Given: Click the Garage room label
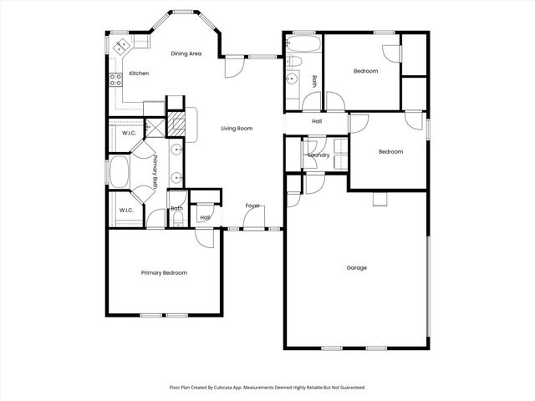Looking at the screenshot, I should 357,268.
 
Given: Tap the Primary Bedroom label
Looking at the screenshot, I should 164,273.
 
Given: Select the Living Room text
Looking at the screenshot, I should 237,129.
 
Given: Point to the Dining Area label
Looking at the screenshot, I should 186,54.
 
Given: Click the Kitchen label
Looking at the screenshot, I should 139,74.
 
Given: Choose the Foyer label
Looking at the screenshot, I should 252,206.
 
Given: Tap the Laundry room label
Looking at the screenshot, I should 318,155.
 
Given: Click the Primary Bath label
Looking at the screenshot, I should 155,170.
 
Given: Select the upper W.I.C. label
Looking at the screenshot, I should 129,134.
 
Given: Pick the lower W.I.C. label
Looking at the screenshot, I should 126,211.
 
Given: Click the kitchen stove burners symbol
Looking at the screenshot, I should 115,80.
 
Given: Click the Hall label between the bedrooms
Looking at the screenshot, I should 317,122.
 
